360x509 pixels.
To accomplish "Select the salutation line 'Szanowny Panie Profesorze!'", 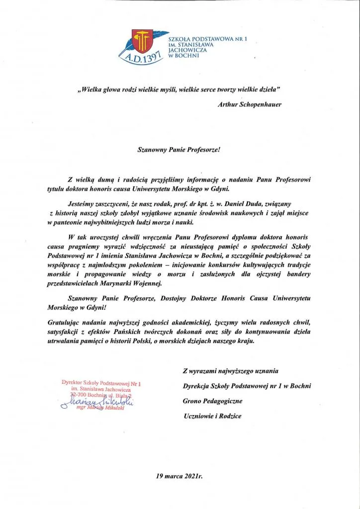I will pyautogui.click(x=181, y=148).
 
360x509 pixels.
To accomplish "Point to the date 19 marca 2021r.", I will pyautogui.click(x=180, y=476).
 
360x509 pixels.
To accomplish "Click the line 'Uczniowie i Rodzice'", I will pyautogui.click(x=212, y=416).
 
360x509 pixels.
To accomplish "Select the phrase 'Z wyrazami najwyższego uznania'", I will pyautogui.click(x=231, y=371).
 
